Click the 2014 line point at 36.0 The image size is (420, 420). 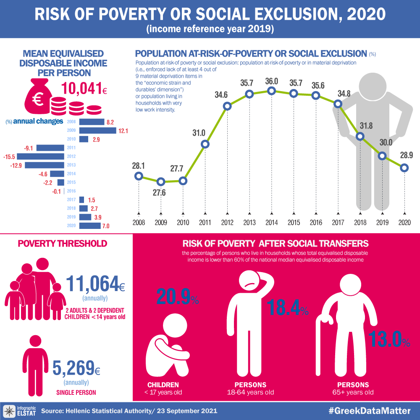coord(272,91)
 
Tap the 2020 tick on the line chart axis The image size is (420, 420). coord(404,222)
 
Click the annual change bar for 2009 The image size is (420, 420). coord(97,131)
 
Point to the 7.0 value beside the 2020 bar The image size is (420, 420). coord(106,226)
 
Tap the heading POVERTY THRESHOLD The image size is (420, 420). coord(62,244)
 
